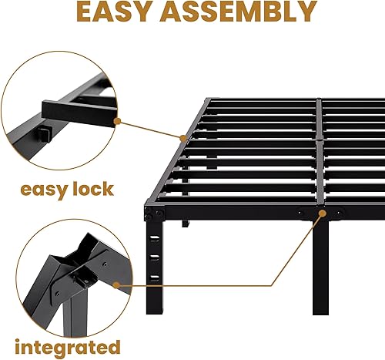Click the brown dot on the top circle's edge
tap(117, 119)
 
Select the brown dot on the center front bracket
tap(320, 213)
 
